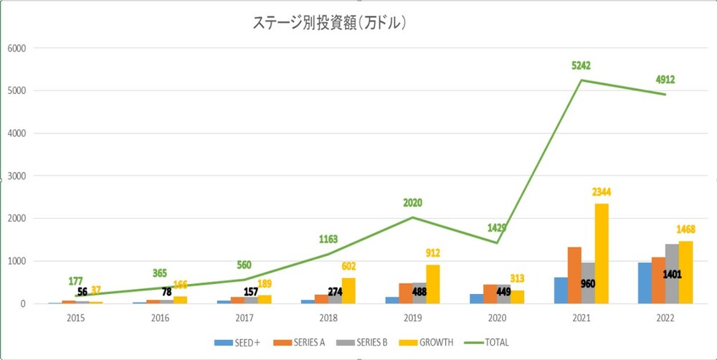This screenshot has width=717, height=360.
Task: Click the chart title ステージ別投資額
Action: pyautogui.click(x=331, y=23)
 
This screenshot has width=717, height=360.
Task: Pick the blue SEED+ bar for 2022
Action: pyautogui.click(x=645, y=283)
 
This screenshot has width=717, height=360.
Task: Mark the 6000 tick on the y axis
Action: pyautogui.click(x=16, y=48)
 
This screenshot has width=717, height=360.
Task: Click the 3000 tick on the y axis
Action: pyautogui.click(x=16, y=176)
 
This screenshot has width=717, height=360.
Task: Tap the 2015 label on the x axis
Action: pyautogui.click(x=75, y=316)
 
